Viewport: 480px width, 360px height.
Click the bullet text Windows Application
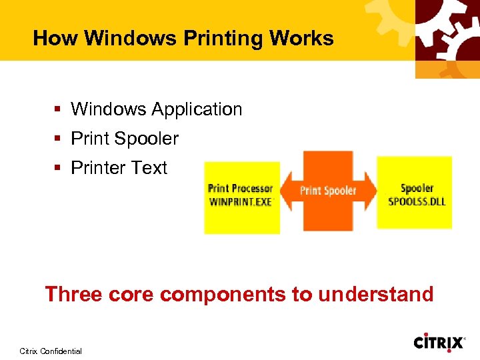click(157, 109)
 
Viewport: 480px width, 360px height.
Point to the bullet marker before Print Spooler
click(59, 139)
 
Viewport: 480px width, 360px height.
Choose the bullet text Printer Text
click(119, 167)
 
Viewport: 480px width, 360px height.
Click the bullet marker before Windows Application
click(59, 109)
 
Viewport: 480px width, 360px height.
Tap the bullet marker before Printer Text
click(59, 168)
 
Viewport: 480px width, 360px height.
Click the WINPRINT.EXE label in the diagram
click(241, 202)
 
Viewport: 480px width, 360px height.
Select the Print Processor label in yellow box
click(241, 189)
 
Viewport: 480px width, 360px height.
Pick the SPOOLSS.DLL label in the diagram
click(417, 201)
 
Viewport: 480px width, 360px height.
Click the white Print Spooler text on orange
click(328, 191)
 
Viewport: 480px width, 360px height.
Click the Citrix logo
click(439, 343)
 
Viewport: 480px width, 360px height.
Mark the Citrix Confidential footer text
click(51, 351)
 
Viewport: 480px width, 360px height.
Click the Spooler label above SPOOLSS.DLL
click(417, 189)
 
